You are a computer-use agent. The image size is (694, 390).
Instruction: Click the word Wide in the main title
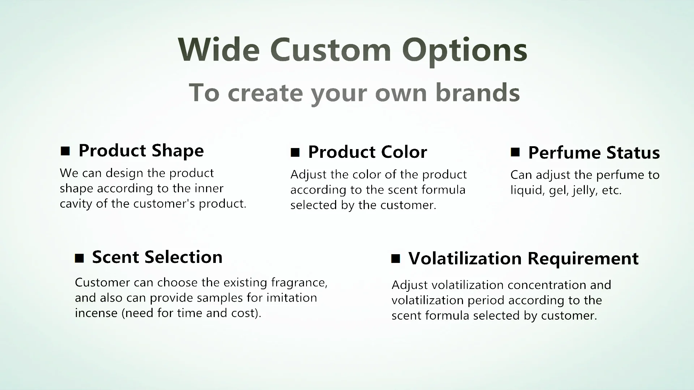(219, 49)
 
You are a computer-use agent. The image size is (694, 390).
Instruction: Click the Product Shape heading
(141, 151)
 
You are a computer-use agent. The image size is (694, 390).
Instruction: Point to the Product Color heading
(367, 152)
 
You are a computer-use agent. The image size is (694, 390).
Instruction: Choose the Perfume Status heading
(594, 152)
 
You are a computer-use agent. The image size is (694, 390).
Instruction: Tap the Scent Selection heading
(157, 257)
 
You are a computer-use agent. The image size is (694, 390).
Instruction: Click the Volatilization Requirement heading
(523, 259)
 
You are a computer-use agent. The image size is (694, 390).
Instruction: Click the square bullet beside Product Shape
(65, 151)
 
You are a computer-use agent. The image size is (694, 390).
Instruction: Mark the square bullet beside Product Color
(295, 152)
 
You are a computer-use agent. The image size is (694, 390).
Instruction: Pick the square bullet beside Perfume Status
(515, 152)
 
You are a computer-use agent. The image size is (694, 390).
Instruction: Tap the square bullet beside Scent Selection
(79, 258)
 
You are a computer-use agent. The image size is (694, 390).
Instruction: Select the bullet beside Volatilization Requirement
(396, 259)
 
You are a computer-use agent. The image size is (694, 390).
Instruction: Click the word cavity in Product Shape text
(76, 204)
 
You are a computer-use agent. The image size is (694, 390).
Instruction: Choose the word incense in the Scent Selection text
(97, 313)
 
